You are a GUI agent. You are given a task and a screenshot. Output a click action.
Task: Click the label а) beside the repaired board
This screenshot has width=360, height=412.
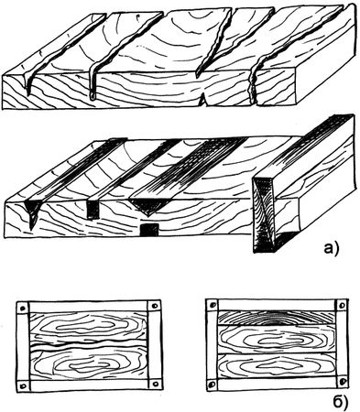pos(331,248)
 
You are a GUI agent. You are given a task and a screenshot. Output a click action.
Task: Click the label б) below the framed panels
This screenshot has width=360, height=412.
pos(340,402)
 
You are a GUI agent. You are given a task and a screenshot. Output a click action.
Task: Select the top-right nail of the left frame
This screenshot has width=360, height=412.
pos(154,306)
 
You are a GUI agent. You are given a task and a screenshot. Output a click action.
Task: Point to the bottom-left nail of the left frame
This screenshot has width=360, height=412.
pos(23,385)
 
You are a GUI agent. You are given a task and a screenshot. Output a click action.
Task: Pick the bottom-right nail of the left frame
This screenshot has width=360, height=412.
pos(156,383)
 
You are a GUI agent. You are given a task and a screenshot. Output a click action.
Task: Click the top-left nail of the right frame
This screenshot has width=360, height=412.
pos(213,305)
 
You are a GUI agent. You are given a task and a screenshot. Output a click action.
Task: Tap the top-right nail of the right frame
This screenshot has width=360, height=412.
pos(342,305)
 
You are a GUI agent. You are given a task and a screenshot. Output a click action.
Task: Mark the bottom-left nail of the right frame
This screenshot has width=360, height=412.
pos(213,384)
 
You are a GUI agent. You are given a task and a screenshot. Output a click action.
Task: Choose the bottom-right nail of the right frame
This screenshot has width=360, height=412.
pos(343,382)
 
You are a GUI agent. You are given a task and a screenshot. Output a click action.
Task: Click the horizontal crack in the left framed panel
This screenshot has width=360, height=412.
pos(89,347)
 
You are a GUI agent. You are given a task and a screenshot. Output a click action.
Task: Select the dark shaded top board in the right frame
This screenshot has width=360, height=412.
pos(277,318)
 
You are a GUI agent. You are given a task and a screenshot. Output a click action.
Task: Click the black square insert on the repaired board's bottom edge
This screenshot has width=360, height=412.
pos(149,230)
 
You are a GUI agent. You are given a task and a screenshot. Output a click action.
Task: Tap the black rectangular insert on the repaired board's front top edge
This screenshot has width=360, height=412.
pos(93,210)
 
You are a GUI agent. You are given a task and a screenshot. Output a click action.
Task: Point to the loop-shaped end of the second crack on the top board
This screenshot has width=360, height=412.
pos(93,96)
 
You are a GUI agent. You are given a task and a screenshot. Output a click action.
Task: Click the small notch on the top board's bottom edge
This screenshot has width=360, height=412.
pos(203,101)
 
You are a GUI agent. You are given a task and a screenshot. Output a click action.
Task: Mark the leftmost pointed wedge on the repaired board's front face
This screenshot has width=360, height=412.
pos(32,213)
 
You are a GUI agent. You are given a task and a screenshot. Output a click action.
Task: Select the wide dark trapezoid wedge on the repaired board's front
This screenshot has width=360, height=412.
pos(149,206)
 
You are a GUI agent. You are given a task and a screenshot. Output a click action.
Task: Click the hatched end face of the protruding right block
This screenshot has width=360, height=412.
pos(265,215)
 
